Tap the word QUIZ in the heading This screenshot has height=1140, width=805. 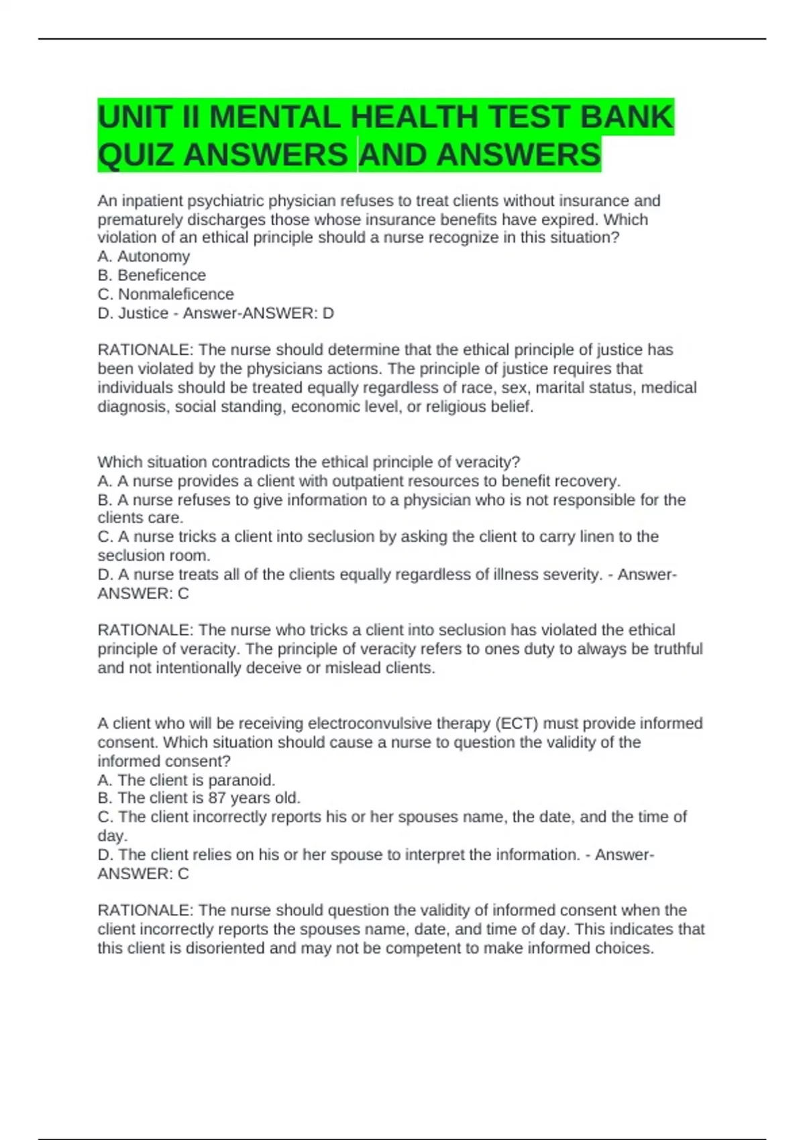pos(137,155)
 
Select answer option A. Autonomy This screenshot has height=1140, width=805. pos(144,256)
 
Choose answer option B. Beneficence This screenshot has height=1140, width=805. pos(152,275)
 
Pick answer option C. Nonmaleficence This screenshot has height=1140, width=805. pos(166,294)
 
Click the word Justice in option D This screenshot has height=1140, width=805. pos(143,313)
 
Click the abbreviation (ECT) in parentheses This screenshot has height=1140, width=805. pos(517,724)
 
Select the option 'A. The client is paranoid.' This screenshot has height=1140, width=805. pos(186,780)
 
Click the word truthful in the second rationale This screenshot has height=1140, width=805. pos(674,649)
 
